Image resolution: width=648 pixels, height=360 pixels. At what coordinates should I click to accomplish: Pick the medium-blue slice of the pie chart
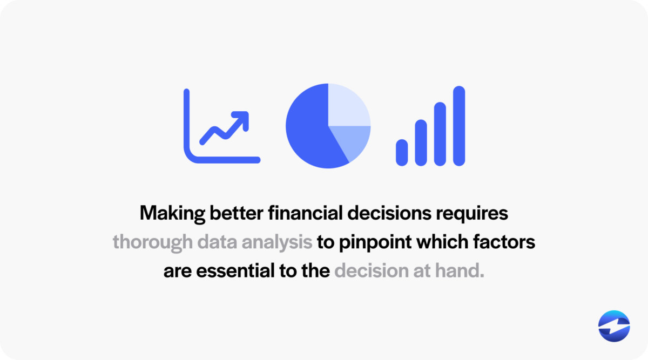pos(353,140)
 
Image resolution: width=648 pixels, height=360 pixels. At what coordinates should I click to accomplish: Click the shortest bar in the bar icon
pos(402,152)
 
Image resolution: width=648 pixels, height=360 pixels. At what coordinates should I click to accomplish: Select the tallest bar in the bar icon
pos(459,125)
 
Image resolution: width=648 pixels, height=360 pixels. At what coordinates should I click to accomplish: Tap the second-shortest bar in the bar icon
pos(421,142)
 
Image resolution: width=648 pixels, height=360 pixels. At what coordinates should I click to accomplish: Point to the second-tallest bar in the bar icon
pos(440,134)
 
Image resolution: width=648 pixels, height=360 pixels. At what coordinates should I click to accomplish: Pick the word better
pos(236,213)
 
